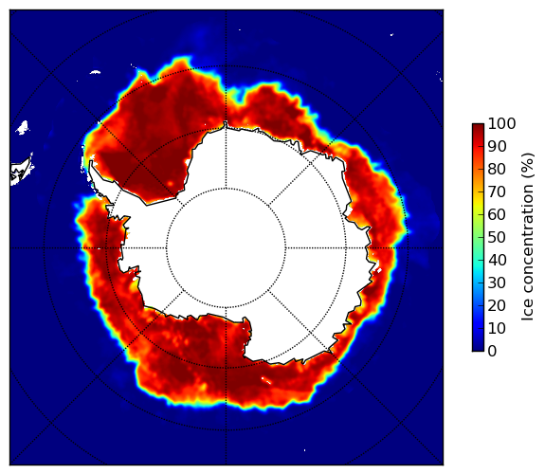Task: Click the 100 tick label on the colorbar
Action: tap(501, 123)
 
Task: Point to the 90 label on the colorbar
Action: tap(497, 146)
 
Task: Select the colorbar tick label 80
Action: tap(497, 170)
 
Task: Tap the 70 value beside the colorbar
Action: tap(497, 191)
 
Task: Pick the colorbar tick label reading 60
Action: tap(497, 214)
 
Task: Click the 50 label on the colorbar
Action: tap(497, 238)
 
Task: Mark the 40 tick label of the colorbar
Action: tap(497, 260)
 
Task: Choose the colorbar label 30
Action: tap(497, 283)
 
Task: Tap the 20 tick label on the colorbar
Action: tap(497, 305)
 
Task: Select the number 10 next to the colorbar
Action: tap(497, 328)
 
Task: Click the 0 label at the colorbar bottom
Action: tap(492, 352)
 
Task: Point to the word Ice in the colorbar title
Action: tap(527, 312)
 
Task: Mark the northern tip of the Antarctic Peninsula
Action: tap(91, 163)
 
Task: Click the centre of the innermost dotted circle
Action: tap(226, 248)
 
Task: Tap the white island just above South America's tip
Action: tap(23, 127)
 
